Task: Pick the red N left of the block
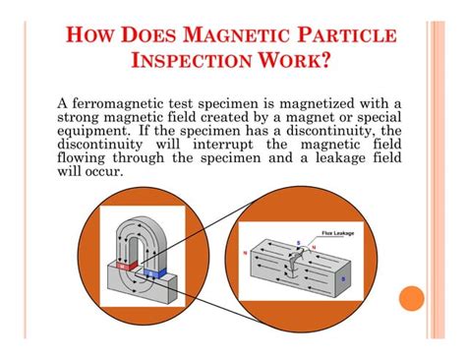coord(258,252)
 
